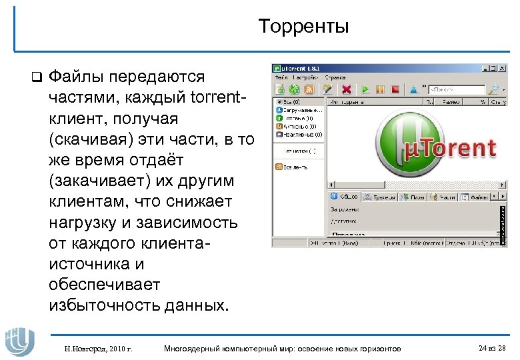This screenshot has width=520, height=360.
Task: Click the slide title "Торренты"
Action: click(303, 27)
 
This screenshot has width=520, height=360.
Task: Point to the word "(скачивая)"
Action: click(89, 139)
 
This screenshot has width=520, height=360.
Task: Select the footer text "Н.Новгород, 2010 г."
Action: click(98, 349)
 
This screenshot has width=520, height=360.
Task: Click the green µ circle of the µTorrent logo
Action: click(399, 143)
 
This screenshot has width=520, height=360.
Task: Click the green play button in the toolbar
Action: click(365, 89)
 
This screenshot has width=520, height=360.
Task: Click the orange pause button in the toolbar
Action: click(380, 89)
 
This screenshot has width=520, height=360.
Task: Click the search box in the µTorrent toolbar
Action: click(456, 89)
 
